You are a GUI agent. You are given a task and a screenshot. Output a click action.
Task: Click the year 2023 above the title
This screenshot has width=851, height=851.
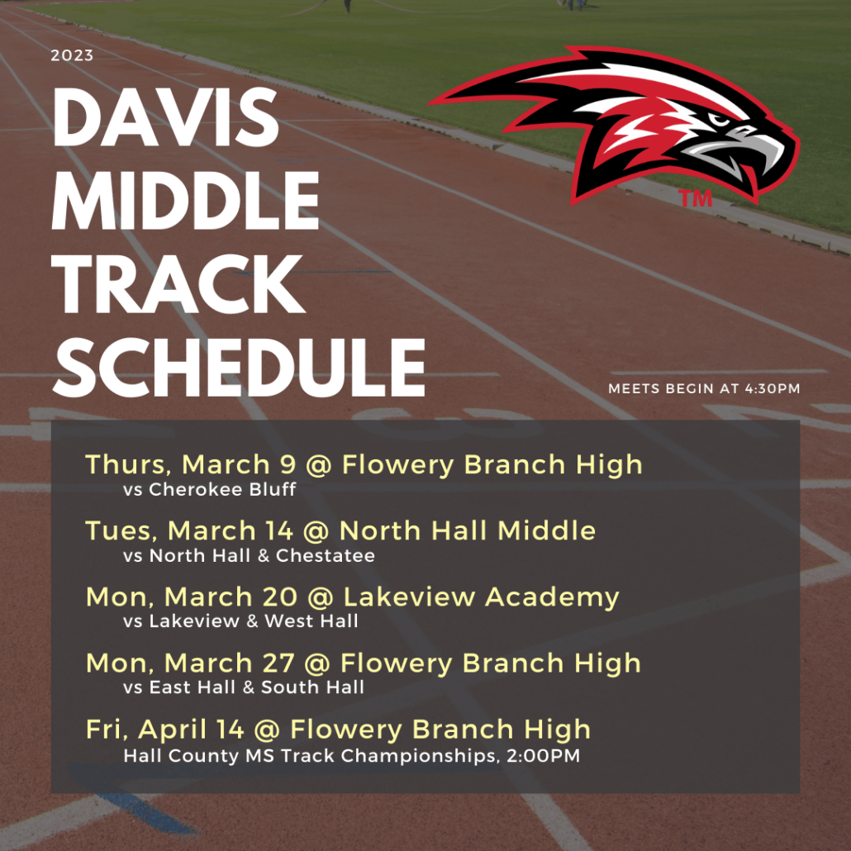tap(72, 55)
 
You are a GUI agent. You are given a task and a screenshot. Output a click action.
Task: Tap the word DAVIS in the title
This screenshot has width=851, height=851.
tap(165, 116)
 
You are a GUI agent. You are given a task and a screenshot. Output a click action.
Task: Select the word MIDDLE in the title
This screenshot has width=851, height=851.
tap(185, 200)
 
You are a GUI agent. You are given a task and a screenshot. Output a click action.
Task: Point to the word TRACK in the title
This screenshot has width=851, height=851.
tap(178, 284)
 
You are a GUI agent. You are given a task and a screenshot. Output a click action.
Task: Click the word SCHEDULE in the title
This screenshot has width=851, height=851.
tap(239, 368)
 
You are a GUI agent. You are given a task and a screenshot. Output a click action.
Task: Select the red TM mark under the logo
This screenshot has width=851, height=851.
tap(695, 198)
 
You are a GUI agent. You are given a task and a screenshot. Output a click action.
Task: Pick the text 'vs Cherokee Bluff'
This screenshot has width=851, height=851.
tap(210, 489)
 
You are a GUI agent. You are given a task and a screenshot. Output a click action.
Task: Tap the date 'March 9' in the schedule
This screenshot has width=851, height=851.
tap(240, 464)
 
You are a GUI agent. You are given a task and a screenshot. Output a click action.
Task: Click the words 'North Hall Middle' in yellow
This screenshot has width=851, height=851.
tap(468, 530)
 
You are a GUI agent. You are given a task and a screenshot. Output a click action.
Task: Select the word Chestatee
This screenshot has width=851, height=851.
tap(325, 555)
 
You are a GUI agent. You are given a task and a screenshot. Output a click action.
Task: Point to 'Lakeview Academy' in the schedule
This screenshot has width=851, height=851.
tap(482, 597)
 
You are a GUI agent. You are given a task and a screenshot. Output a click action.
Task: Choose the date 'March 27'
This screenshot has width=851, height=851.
tap(230, 663)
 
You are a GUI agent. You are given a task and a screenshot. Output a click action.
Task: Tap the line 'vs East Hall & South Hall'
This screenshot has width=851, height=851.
tap(244, 687)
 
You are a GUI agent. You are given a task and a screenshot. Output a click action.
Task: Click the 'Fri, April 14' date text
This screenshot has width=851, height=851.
tap(165, 730)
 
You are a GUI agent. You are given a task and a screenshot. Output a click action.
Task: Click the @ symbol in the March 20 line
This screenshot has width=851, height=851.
tap(321, 597)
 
